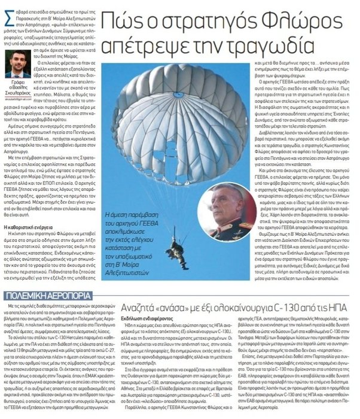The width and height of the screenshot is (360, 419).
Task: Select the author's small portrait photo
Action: tap(18, 65)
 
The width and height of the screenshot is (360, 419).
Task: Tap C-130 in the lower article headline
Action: tap(291, 309)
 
